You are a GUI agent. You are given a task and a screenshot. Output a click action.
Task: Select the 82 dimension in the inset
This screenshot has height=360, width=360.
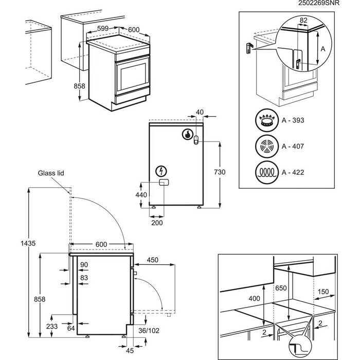pos(303,20)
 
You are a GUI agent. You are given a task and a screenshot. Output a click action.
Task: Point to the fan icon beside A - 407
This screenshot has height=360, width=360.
pos(266,147)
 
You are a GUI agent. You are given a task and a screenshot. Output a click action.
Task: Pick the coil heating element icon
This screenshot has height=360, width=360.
pos(266,172)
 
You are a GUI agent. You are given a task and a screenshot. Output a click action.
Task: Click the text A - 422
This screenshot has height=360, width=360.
pos(293,172)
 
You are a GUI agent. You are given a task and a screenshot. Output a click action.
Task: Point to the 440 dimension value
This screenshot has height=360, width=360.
pos(141,195)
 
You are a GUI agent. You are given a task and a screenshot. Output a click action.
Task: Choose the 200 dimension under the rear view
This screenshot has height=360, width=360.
pos(157,223)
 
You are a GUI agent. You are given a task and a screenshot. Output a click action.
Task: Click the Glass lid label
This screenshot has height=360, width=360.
pos(50,173)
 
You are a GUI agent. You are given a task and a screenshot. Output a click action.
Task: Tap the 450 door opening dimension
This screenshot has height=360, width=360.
pos(153,260)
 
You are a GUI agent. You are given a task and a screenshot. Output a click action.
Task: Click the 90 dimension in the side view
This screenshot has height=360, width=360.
pos(85,264)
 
